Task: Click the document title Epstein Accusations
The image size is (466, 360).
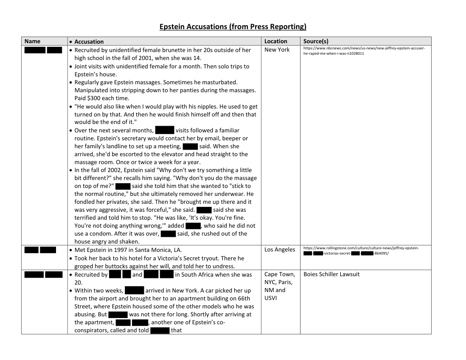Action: click(233, 26)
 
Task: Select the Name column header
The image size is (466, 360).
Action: click(32, 41)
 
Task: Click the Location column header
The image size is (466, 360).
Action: click(275, 41)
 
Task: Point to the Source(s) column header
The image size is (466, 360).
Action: click(316, 41)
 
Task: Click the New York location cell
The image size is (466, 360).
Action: click(277, 50)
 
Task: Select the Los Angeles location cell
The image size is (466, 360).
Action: click(280, 250)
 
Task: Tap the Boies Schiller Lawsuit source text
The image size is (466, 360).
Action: click(331, 274)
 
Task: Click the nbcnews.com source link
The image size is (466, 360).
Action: click(364, 50)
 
